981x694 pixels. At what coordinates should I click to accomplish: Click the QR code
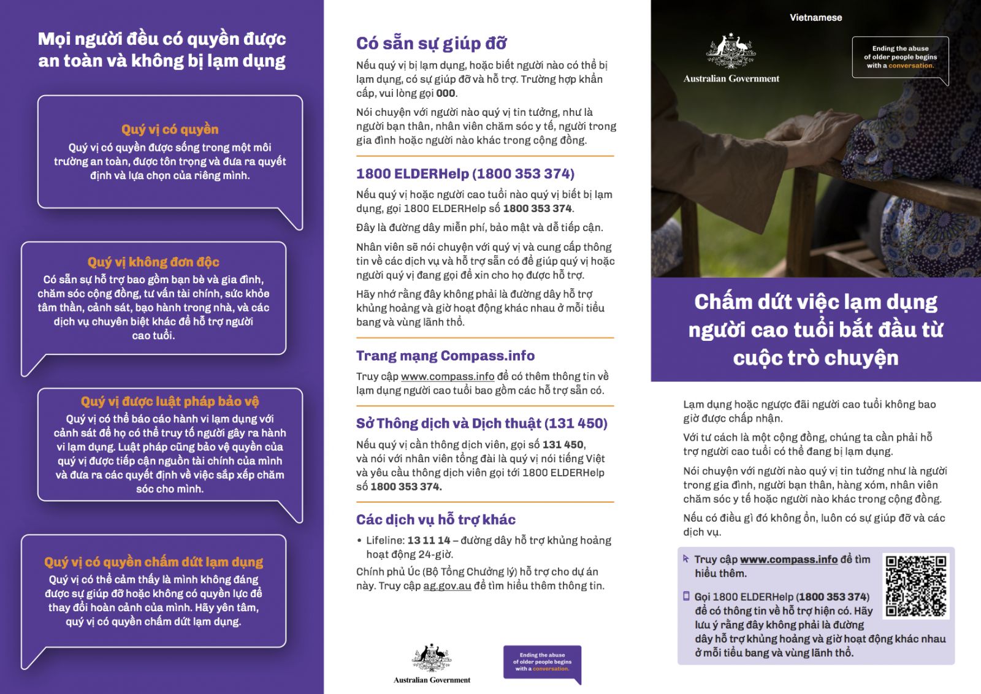pyautogui.click(x=916, y=585)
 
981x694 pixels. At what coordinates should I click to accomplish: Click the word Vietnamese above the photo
pyautogui.click(x=815, y=18)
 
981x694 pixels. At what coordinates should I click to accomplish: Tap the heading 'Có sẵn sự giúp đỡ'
pyautogui.click(x=431, y=44)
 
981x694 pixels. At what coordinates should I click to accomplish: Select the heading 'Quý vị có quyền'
pyautogui.click(x=170, y=129)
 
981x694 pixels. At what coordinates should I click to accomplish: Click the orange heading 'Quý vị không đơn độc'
pyautogui.click(x=153, y=262)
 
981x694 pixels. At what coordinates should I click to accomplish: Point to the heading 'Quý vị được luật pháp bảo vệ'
pyautogui.click(x=170, y=402)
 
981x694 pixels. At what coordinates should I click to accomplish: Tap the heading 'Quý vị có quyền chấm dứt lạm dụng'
pyautogui.click(x=153, y=562)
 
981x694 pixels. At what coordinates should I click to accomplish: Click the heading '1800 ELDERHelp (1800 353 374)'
pyautogui.click(x=465, y=174)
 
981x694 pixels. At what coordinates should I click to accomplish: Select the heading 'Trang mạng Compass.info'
pyautogui.click(x=445, y=356)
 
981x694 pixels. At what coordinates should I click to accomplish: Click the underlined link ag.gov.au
pyautogui.click(x=447, y=586)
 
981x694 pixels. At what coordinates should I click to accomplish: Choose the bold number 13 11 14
pyautogui.click(x=429, y=541)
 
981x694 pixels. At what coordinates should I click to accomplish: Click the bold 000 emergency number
pyautogui.click(x=445, y=94)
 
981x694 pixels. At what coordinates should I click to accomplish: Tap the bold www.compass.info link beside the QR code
pyautogui.click(x=788, y=560)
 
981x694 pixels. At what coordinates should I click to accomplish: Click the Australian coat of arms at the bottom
pyautogui.click(x=432, y=658)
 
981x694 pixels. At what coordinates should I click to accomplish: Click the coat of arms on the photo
pyautogui.click(x=731, y=50)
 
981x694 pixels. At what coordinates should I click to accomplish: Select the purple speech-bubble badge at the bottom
pyautogui.click(x=542, y=663)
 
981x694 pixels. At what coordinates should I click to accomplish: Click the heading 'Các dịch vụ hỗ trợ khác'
pyautogui.click(x=435, y=520)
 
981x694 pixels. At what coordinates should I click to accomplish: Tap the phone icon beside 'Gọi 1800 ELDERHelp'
pyautogui.click(x=687, y=596)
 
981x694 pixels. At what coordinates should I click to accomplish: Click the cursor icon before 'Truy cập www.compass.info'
pyautogui.click(x=686, y=559)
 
